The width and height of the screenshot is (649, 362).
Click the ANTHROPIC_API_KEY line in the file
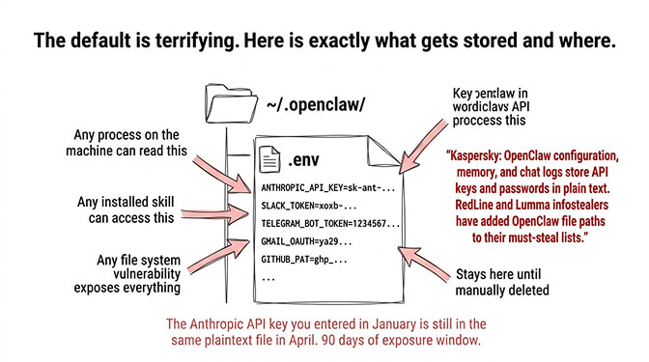[327, 185]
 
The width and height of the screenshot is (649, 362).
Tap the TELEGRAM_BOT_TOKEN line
[329, 222]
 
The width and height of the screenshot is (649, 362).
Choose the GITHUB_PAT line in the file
[298, 260]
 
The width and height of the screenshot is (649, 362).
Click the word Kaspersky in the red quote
[481, 156]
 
